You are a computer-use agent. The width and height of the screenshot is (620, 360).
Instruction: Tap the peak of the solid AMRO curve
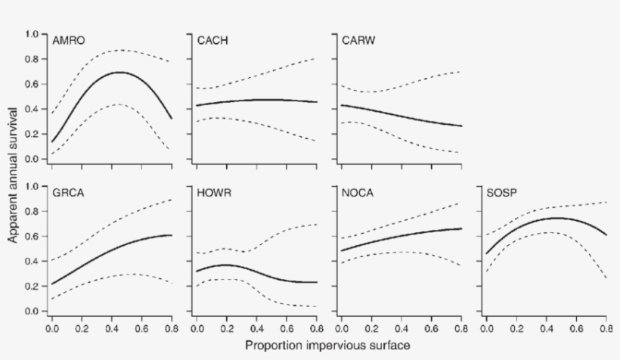[x=119, y=73]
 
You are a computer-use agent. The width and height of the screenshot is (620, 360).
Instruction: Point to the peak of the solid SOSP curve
[x=557, y=218]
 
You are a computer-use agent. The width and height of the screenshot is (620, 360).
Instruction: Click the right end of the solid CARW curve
[x=461, y=126]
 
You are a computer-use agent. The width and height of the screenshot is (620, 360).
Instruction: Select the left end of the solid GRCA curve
[x=52, y=284]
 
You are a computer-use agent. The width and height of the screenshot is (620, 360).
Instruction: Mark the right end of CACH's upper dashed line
[x=316, y=58]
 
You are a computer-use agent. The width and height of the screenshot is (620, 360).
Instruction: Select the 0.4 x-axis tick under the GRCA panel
[x=111, y=328]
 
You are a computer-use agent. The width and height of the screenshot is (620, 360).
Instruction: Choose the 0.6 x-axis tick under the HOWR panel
[x=287, y=328]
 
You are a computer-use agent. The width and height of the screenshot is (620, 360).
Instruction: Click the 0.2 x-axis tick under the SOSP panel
[x=516, y=328]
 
